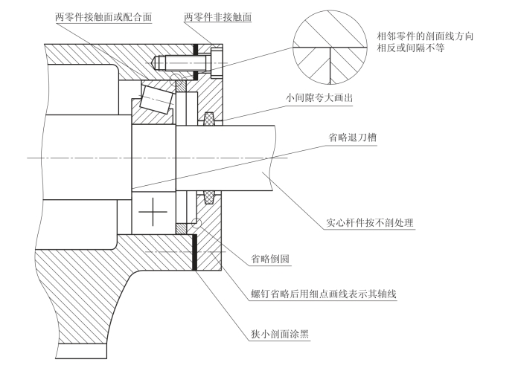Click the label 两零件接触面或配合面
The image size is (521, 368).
[x=103, y=16]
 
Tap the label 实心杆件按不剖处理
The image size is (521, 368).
[x=369, y=222]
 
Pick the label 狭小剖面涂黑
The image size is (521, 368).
[x=275, y=333]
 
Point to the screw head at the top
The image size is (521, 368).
[x=217, y=60]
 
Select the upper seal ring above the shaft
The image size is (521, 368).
[x=209, y=117]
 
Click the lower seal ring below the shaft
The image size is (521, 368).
[x=209, y=198]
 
